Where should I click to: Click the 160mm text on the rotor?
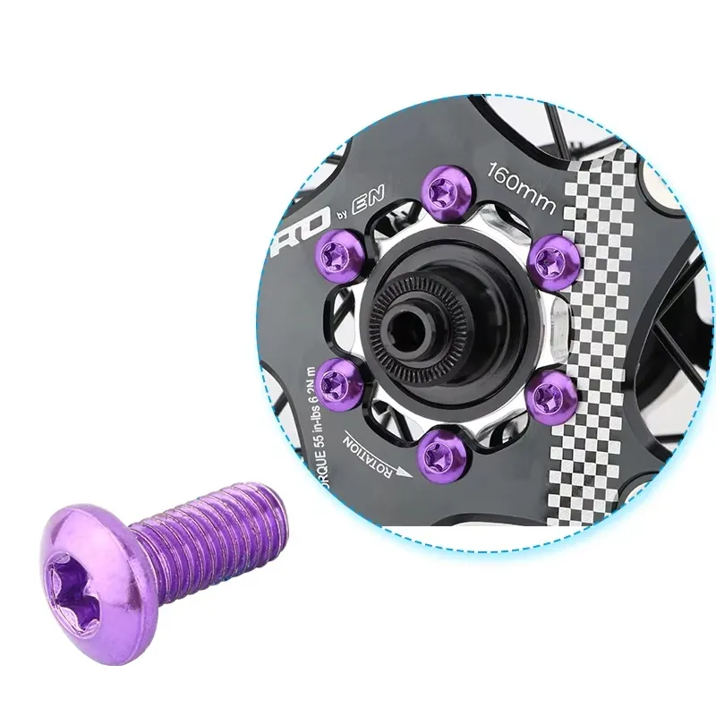click(x=518, y=185)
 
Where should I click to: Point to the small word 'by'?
click(x=340, y=222)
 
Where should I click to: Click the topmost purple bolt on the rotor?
click(x=441, y=190)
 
